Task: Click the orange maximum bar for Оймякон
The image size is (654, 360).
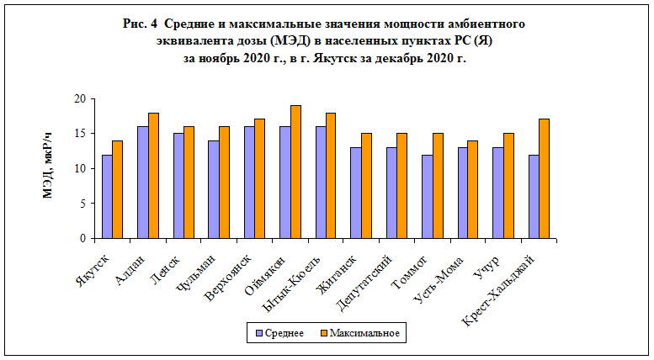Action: tap(295, 172)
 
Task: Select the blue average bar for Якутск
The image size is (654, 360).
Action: tap(107, 197)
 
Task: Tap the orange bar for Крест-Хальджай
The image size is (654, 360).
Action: tap(545, 179)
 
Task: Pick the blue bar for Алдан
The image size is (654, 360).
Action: tap(142, 183)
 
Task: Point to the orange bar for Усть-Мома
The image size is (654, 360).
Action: tap(473, 190)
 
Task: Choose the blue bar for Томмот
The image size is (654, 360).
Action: tap(427, 197)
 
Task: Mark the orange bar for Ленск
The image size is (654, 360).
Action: tap(189, 183)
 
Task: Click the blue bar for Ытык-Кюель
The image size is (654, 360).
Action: tap(321, 183)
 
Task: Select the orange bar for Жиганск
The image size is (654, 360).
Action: tap(366, 187)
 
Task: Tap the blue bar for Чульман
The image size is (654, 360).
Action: tap(214, 190)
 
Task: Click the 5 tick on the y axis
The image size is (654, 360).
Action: tap(84, 204)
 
